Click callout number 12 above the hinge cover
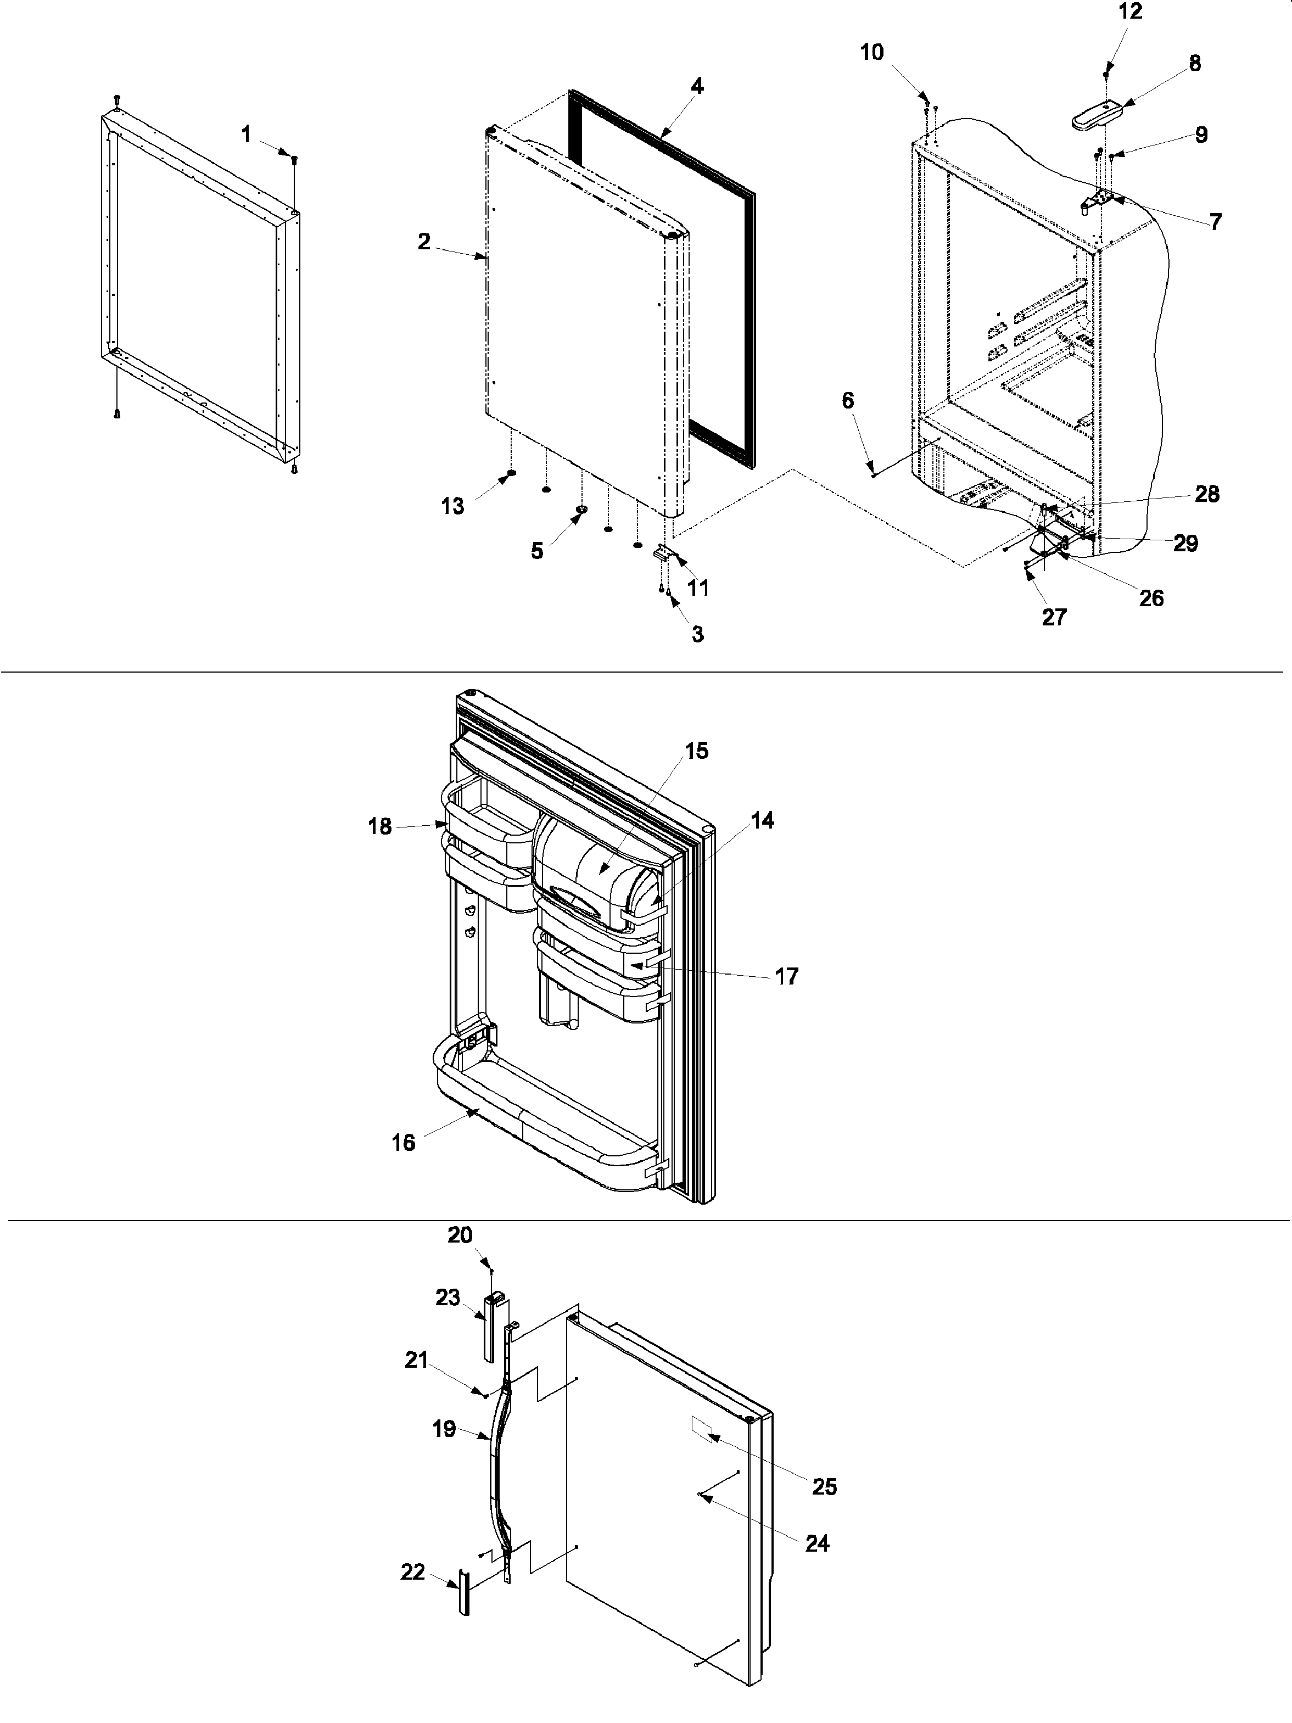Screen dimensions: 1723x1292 pos(1130,13)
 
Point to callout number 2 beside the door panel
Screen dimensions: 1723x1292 pos(424,242)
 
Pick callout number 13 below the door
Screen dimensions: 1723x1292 pos(452,506)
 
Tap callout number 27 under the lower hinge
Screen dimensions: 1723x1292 pos(1054,617)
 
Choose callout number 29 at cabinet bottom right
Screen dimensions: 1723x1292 pos(1185,544)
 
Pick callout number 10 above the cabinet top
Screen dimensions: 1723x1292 pos(872,53)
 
